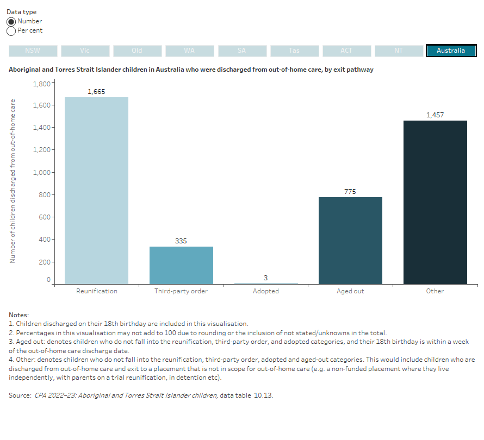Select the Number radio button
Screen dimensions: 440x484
click(11, 21)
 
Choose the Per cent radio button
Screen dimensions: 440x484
click(11, 31)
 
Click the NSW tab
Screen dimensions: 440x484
click(33, 51)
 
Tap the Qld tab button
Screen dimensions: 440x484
click(137, 51)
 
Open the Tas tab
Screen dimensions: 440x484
click(294, 51)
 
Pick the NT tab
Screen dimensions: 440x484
click(399, 51)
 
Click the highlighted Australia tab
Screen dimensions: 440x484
click(451, 51)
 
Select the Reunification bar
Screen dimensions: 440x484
click(96, 190)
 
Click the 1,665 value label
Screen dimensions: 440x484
click(96, 92)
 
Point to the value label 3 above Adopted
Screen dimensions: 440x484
click(266, 278)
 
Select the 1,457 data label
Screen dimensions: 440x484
click(435, 115)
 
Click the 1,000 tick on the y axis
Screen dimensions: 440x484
click(42, 172)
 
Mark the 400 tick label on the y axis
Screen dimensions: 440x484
click(45, 240)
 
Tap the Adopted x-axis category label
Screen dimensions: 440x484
click(266, 291)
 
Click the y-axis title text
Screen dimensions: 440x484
click(12, 174)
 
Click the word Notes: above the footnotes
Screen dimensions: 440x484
click(18, 315)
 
